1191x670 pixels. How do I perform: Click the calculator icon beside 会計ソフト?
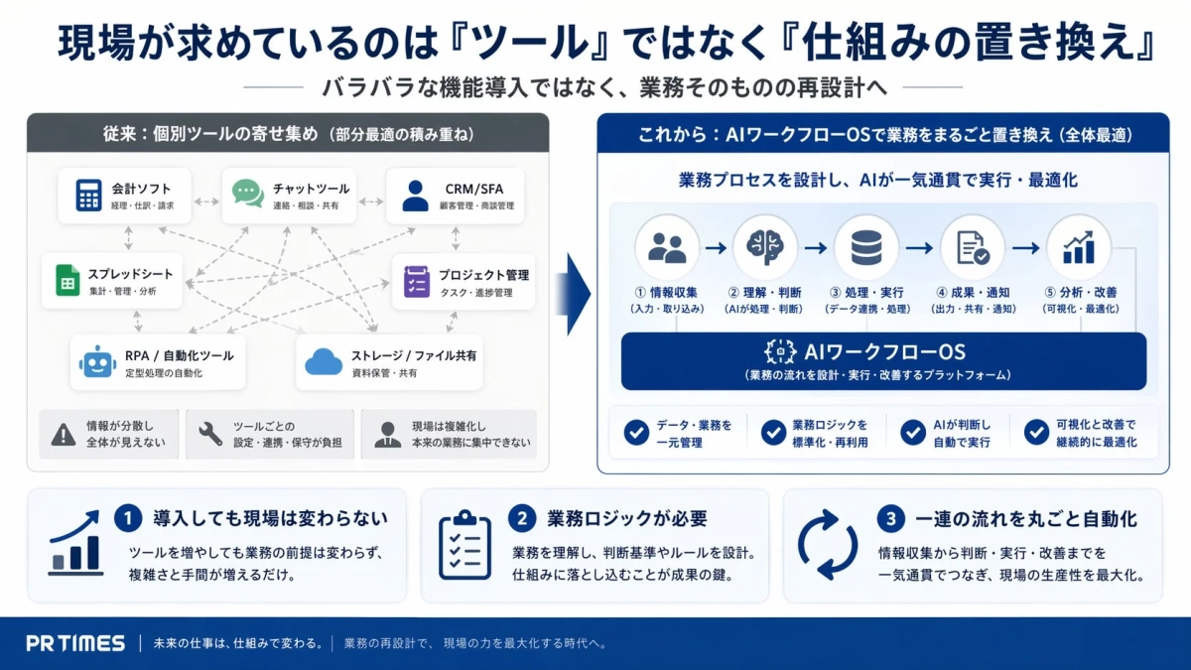[89, 195]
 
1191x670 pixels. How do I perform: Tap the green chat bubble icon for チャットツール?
[248, 193]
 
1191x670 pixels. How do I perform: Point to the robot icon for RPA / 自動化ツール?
[97, 361]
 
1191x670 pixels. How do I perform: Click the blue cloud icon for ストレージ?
[324, 361]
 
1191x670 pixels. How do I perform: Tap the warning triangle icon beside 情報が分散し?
[64, 435]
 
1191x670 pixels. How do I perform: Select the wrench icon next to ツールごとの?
[209, 435]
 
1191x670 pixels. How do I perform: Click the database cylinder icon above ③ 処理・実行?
[865, 247]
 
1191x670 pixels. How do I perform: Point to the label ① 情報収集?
[666, 293]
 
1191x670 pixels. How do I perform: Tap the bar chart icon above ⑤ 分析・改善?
[1079, 247]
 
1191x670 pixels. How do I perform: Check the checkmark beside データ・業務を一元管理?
[636, 433]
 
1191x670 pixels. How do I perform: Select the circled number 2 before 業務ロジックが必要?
[522, 518]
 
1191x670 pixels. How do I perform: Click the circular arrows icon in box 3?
[828, 546]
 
